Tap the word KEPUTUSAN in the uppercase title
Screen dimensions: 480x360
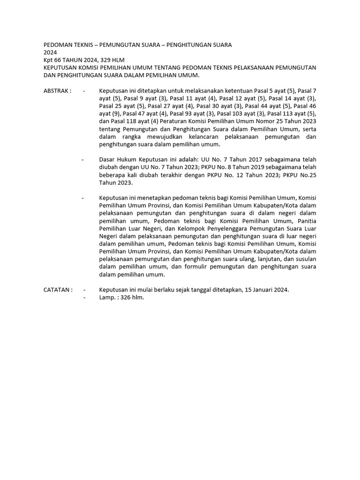coord(60,67)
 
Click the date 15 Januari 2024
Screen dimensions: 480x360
coord(267,290)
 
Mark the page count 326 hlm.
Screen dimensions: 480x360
coord(131,297)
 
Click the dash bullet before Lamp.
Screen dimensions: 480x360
coord(84,297)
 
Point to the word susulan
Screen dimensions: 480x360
coord(305,259)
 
